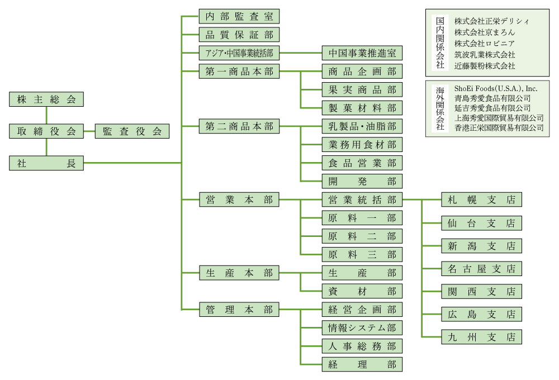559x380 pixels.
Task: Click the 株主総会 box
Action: pyautogui.click(x=46, y=99)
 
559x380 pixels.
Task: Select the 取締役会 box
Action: pyautogui.click(x=46, y=131)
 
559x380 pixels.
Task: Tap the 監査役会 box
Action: pyautogui.click(x=132, y=131)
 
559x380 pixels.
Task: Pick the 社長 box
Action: pyautogui.click(x=46, y=163)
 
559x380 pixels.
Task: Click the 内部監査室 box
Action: pyautogui.click(x=239, y=16)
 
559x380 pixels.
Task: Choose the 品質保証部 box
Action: pyautogui.click(x=239, y=35)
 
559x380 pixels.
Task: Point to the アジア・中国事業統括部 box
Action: pyautogui.click(x=239, y=53)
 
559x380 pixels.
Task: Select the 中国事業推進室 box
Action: pyautogui.click(x=362, y=53)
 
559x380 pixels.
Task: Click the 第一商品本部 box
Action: pyautogui.click(x=239, y=72)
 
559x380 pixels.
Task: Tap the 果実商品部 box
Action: pyautogui.click(x=362, y=89)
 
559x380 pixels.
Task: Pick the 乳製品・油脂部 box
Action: pyautogui.click(x=362, y=126)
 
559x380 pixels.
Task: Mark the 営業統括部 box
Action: pyautogui.click(x=362, y=199)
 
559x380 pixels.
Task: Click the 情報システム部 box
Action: pyautogui.click(x=362, y=327)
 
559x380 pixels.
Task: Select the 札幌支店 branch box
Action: pyautogui.click(x=481, y=199)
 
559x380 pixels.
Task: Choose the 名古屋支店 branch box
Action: pyautogui.click(x=481, y=268)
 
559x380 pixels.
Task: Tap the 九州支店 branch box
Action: pyautogui.click(x=481, y=337)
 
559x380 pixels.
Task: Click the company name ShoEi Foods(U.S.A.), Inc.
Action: pyautogui.click(x=495, y=88)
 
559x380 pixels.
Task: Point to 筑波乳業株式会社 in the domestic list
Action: pyautogui.click(x=485, y=55)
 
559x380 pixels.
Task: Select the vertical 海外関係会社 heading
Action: pyautogui.click(x=440, y=108)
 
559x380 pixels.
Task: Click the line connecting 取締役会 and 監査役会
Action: pyautogui.click(x=89, y=131)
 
